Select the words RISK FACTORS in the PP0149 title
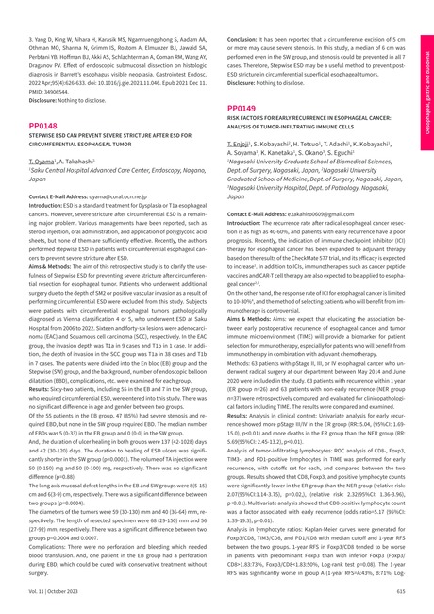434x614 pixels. pyautogui.click(x=248, y=122)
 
